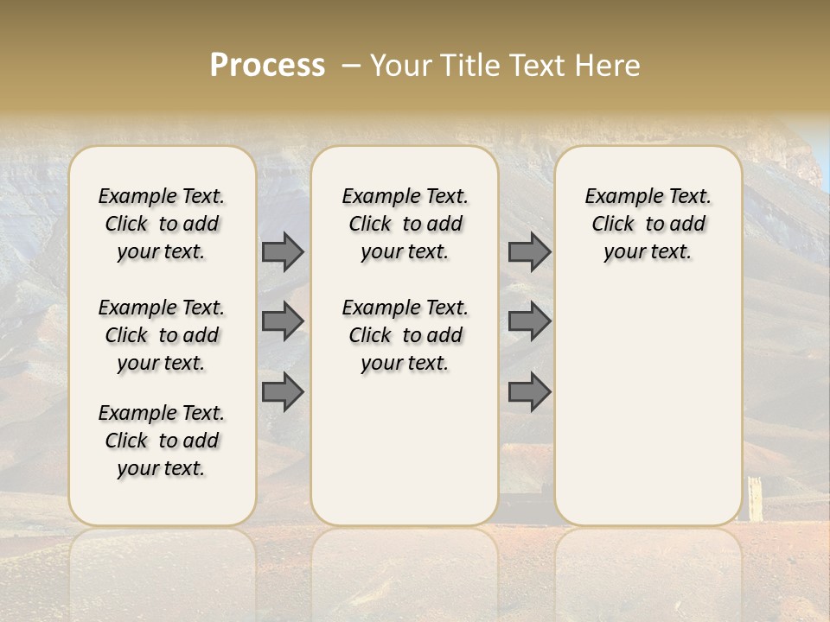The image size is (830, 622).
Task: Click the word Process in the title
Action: pos(267,65)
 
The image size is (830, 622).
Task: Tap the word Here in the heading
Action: pos(608,65)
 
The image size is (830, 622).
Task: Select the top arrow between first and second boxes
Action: pos(283,251)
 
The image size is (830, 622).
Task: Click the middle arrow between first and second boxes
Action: pos(283,321)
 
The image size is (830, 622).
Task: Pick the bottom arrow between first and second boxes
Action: pos(283,391)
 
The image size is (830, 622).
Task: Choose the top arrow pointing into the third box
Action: pos(529,251)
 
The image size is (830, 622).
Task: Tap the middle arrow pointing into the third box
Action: pos(529,321)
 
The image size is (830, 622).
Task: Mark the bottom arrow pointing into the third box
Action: pos(529,391)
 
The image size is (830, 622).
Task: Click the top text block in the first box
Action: pos(162,224)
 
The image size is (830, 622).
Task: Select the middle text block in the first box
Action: pos(162,335)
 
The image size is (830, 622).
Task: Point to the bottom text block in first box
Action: pos(162,441)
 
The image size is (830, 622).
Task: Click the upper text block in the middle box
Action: pos(405,224)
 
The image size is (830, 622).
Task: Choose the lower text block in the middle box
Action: pos(405,335)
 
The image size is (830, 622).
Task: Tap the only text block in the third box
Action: pos(648,224)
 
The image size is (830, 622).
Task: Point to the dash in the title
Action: pos(349,66)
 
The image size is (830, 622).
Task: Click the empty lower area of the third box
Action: pos(648,406)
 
